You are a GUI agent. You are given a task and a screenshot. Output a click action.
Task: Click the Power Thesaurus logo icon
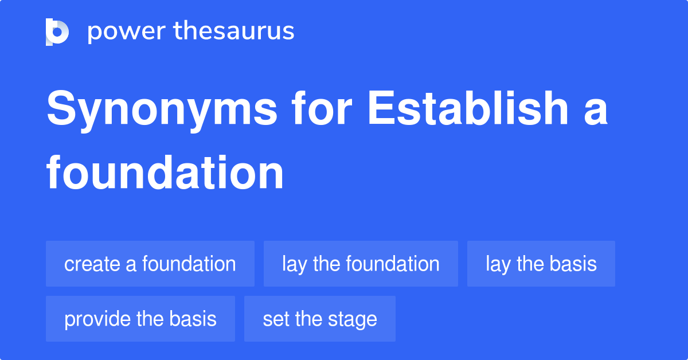pos(57,32)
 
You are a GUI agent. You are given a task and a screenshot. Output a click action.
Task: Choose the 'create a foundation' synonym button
pos(150,264)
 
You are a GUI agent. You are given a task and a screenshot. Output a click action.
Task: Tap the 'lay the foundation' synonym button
pos(361,264)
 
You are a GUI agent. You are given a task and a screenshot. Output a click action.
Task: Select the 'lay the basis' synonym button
pos(541,264)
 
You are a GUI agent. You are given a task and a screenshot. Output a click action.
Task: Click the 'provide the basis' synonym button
pos(140,319)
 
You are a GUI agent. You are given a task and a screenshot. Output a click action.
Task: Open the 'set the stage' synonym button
pos(320,319)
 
